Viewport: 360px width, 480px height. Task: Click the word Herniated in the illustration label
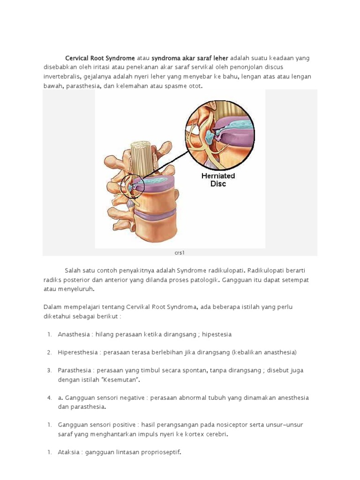tap(218, 176)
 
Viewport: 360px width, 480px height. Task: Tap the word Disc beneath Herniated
tap(218, 184)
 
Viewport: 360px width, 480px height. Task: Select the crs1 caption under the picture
tap(180, 253)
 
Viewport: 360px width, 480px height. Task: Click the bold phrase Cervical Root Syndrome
tap(100, 58)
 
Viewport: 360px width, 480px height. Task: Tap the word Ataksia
tap(68, 452)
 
